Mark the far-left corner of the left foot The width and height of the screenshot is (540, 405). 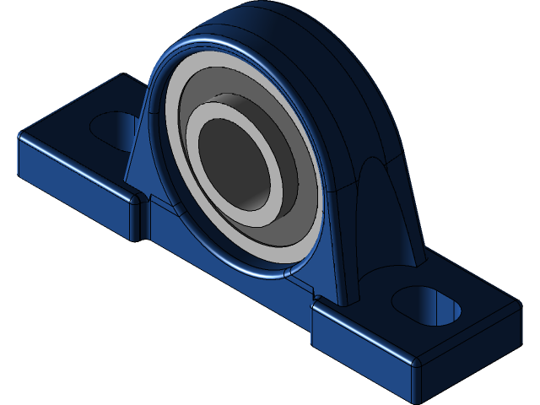click(x=22, y=135)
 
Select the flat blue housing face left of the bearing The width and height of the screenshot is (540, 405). click(x=148, y=152)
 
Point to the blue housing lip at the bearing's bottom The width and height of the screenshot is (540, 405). click(x=278, y=268)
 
